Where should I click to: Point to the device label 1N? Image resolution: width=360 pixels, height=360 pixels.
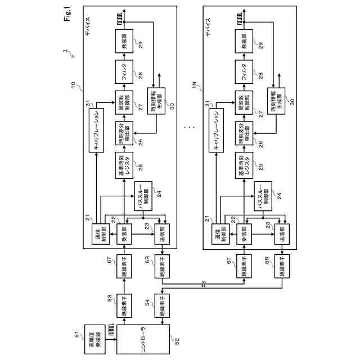click(x=194, y=84)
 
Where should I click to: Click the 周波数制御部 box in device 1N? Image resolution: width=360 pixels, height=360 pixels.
click(x=245, y=98)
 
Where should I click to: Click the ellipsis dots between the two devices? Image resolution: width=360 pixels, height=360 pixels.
click(x=190, y=128)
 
